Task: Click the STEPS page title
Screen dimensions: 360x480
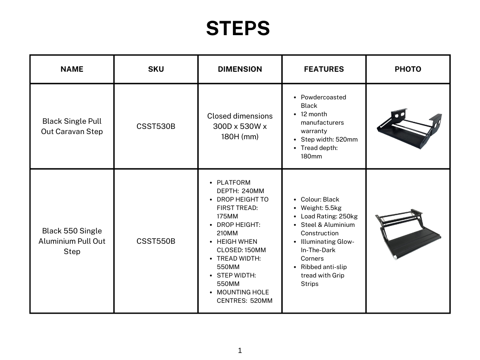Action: tap(238, 29)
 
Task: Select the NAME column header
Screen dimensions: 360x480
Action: tap(72, 69)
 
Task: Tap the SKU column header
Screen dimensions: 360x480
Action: tap(156, 69)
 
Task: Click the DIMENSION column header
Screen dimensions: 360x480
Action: tap(240, 69)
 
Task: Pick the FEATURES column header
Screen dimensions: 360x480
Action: tap(323, 69)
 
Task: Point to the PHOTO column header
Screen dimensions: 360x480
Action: tap(408, 69)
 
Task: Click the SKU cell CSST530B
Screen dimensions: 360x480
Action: tap(156, 126)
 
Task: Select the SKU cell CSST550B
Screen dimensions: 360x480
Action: tap(156, 241)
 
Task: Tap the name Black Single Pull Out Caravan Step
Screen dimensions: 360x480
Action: tap(72, 126)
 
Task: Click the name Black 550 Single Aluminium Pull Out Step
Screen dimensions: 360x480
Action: tap(72, 241)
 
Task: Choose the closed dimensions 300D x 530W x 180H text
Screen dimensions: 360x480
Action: tap(240, 126)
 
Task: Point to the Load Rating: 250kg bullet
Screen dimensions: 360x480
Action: tap(329, 216)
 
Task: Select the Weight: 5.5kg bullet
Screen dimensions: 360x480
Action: tap(321, 208)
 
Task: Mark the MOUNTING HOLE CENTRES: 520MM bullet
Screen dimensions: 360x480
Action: tap(244, 296)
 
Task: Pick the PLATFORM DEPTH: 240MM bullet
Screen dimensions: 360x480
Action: tap(240, 187)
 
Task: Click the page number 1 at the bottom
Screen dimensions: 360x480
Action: tap(240, 350)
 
